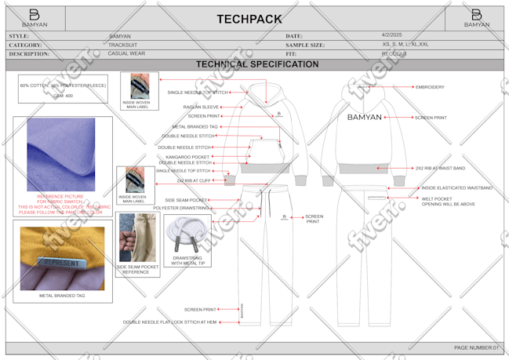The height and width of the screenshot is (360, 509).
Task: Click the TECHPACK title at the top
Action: [x=254, y=18]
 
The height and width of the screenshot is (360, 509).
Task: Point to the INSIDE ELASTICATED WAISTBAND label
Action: [x=457, y=188]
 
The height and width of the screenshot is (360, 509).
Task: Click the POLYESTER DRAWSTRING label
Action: [x=181, y=209]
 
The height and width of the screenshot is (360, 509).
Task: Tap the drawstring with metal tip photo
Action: [x=187, y=236]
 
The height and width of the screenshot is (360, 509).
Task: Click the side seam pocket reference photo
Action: [x=137, y=238]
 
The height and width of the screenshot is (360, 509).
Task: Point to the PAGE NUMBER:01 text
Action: [x=476, y=347]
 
